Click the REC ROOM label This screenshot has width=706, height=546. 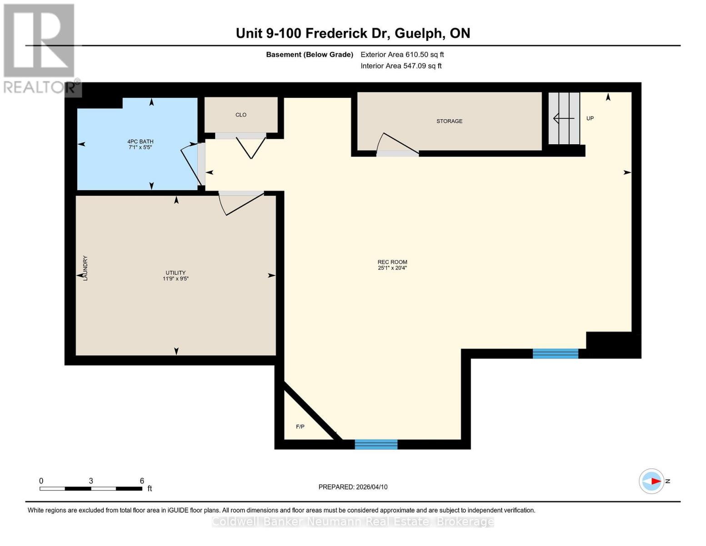(x=392, y=262)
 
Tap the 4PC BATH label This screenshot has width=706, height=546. (x=140, y=142)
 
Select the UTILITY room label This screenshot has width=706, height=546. (x=175, y=273)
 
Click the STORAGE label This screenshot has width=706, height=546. (x=449, y=121)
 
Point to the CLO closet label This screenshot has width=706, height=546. (x=241, y=115)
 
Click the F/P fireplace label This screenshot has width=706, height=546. (x=300, y=427)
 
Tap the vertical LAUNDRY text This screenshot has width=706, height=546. (x=85, y=268)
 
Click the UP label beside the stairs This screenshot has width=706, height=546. (x=590, y=118)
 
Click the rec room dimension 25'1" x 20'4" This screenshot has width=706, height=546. (x=392, y=268)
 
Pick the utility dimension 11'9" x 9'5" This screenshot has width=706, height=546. (x=175, y=278)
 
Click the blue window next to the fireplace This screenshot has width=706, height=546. (x=376, y=445)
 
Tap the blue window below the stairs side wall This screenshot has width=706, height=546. (x=556, y=354)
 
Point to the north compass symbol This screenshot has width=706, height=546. (x=652, y=481)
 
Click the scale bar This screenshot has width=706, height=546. (x=91, y=489)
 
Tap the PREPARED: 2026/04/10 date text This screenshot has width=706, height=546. (x=353, y=487)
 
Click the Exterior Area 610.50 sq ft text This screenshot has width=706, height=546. (x=402, y=55)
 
